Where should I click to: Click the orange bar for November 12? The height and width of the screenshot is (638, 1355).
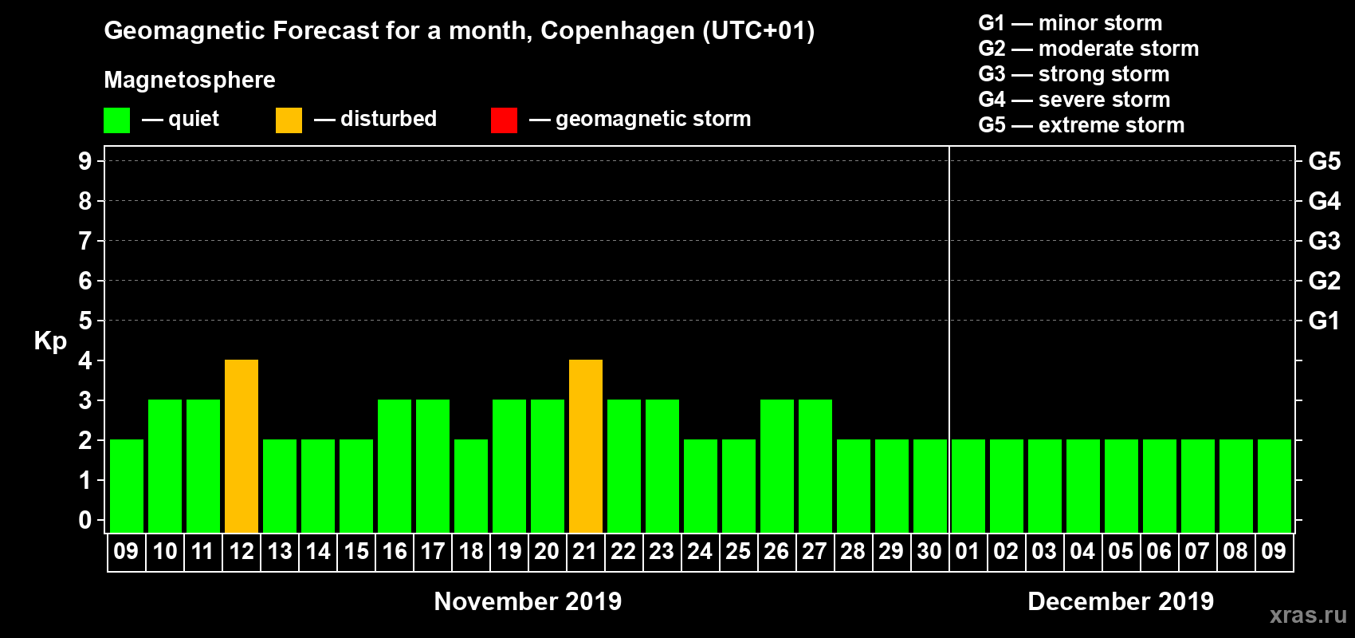click(242, 446)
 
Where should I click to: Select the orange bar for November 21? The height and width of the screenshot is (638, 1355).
click(586, 446)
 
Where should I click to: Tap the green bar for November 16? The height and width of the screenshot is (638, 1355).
click(395, 466)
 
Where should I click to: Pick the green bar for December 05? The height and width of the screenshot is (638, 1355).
click(1121, 486)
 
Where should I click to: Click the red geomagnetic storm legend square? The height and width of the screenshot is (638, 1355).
click(504, 120)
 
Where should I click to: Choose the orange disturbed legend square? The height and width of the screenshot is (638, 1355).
click(289, 120)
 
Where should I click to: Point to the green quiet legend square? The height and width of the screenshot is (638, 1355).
click(116, 120)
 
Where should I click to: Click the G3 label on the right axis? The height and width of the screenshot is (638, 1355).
click(1324, 241)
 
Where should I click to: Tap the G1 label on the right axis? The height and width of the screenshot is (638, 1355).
click(1324, 321)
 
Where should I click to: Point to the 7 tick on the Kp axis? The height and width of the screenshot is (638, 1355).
click(85, 241)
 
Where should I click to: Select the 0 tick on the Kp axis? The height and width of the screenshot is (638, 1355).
click(85, 520)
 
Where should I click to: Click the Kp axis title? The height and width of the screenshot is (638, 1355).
click(50, 341)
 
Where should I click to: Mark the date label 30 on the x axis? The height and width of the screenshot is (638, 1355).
click(929, 551)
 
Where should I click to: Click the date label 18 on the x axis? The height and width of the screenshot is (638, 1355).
click(471, 551)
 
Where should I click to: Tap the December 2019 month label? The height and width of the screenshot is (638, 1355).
click(1121, 601)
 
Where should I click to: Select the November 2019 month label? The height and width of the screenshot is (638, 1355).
click(528, 601)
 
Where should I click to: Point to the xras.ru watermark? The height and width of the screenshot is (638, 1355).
click(1308, 615)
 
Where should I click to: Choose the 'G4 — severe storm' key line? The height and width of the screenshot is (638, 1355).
click(1074, 100)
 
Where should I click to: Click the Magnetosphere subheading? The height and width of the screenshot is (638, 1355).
click(190, 80)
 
